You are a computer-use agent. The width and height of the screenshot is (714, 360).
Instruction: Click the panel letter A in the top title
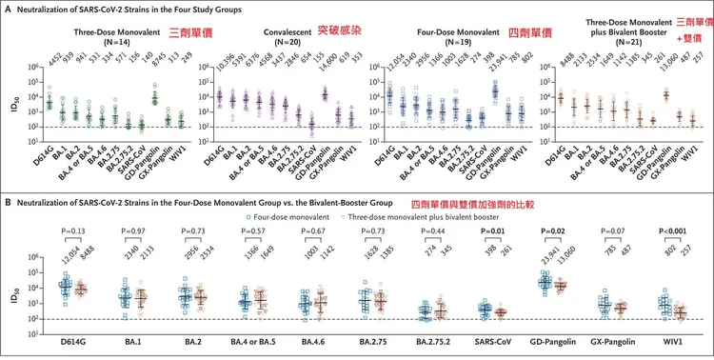pos(8,8)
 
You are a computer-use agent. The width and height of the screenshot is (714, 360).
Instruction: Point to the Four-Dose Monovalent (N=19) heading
pos(437,33)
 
